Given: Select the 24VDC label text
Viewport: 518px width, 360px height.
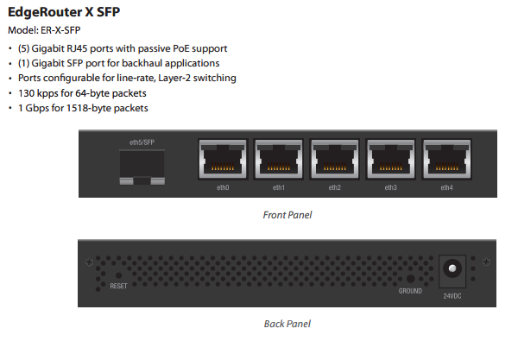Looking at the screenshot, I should click(x=452, y=296).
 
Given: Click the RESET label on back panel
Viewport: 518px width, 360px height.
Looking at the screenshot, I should click(x=119, y=285).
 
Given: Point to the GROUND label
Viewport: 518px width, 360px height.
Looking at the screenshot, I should click(x=410, y=291).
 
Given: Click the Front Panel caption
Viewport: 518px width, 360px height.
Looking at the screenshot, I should click(x=287, y=215).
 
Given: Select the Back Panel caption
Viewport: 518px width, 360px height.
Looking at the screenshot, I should click(x=287, y=324).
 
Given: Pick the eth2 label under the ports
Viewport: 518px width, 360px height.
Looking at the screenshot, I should click(x=334, y=187).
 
